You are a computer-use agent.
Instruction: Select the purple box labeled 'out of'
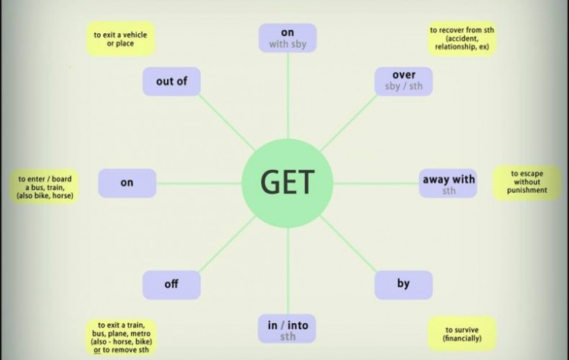pos(172,82)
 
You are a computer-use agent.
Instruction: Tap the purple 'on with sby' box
pos(287,38)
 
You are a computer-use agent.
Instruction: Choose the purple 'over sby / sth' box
pos(403,81)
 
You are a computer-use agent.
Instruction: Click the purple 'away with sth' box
pos(448,183)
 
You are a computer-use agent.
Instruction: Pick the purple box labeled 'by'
pos(403,284)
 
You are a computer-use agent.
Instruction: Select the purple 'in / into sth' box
pos(287,328)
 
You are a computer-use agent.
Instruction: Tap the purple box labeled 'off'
pos(172,284)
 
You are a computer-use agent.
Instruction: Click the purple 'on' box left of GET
pos(127,183)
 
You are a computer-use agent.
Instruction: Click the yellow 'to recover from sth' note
pos(462,38)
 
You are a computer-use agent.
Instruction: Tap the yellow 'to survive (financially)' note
pos(462,333)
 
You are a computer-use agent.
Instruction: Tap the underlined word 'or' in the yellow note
pos(96,351)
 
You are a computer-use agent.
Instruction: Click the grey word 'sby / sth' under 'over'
pos(403,87)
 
